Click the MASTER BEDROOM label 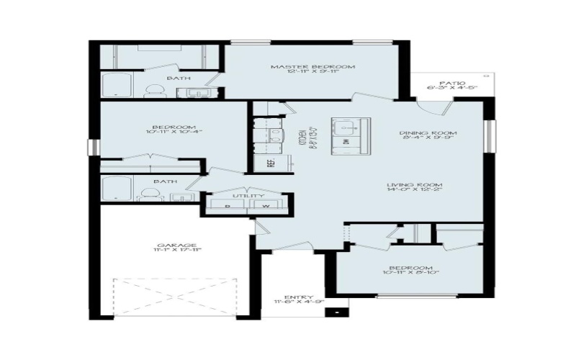coord(312,67)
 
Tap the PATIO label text coord(451,83)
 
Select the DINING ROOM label coord(429,133)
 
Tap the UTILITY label coord(248,196)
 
